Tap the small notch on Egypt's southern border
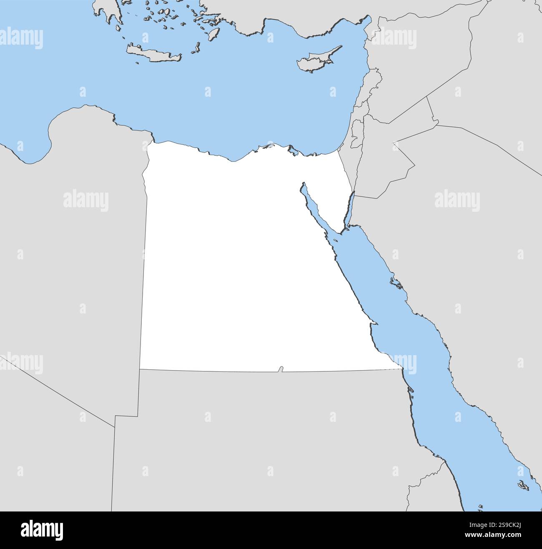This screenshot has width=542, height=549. (281, 369)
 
